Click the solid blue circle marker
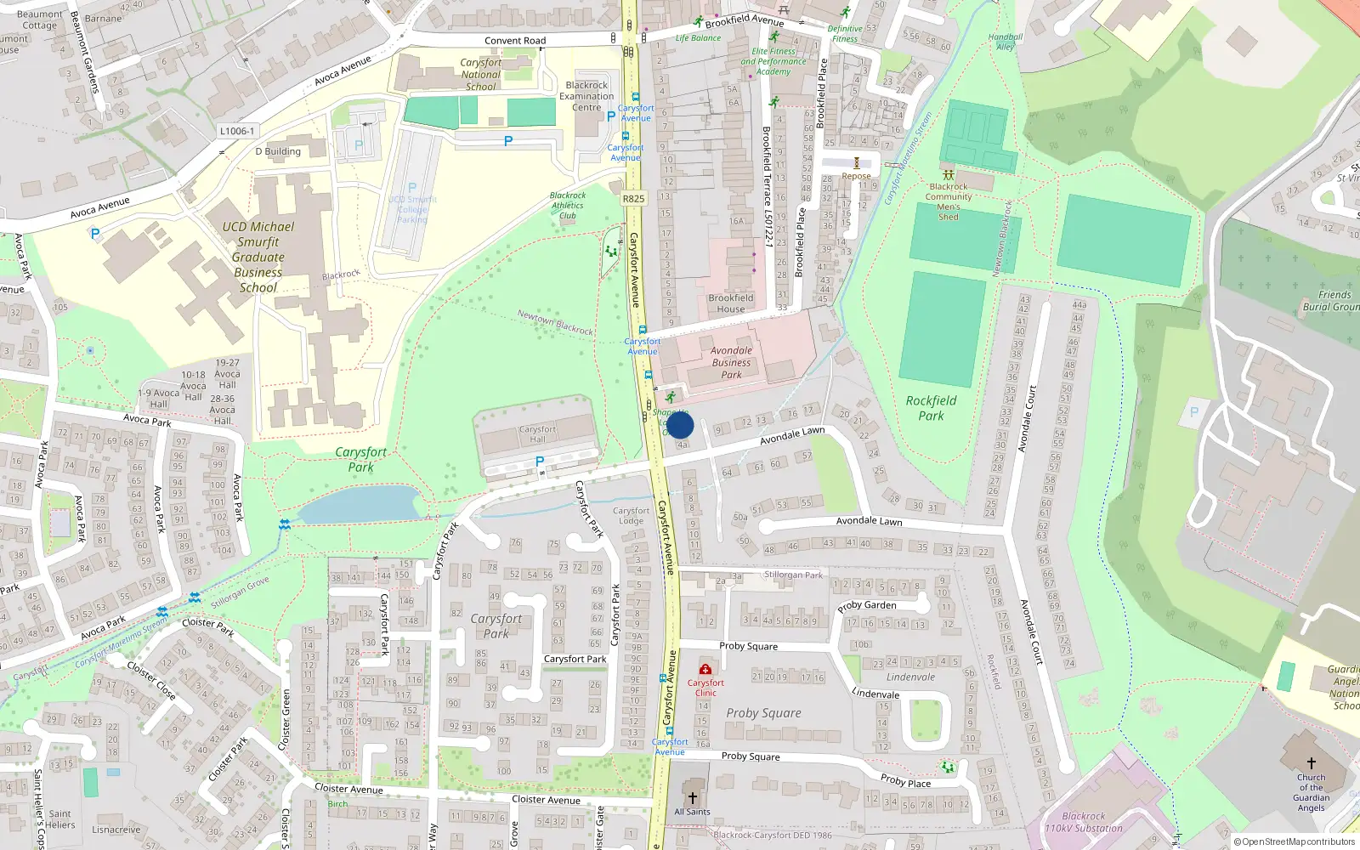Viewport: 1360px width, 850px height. [x=679, y=425]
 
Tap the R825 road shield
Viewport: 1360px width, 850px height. [x=633, y=199]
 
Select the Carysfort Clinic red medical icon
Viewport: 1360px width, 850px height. [x=705, y=669]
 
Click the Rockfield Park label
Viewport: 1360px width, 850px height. [x=931, y=408]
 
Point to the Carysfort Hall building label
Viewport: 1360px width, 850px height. [x=537, y=433]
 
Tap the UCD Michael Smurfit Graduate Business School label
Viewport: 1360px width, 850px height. [x=258, y=257]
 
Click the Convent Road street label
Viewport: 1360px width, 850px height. [x=515, y=41]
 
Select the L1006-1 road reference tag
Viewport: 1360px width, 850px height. [x=236, y=131]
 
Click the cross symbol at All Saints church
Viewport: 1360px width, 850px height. [x=692, y=797]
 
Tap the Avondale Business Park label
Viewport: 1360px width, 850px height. [x=731, y=362]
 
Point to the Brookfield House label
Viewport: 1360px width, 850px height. [x=731, y=303]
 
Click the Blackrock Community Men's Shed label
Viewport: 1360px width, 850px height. [x=949, y=201]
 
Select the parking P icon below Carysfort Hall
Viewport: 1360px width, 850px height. [x=539, y=462]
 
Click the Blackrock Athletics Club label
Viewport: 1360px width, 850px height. [x=568, y=206]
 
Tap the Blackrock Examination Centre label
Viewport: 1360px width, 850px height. [x=586, y=96]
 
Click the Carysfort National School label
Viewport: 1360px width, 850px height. [x=480, y=75]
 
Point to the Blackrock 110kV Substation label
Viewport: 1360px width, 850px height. [x=1084, y=822]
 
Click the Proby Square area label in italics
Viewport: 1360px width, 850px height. [x=763, y=713]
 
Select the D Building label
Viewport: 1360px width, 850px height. [x=278, y=151]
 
